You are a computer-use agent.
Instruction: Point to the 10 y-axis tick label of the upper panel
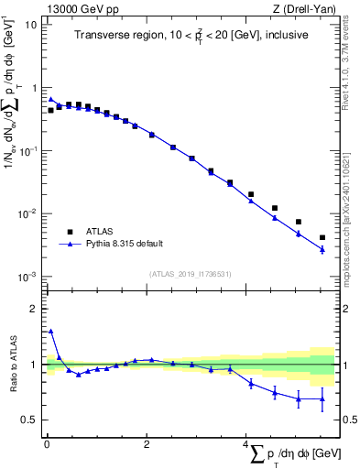click(x=29, y=25)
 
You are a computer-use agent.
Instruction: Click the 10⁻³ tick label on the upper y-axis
click(x=27, y=277)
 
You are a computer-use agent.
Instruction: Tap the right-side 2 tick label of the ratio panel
click(x=344, y=309)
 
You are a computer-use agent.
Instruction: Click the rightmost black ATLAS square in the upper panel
click(x=322, y=237)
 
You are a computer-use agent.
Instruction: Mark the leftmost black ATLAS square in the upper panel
click(x=51, y=110)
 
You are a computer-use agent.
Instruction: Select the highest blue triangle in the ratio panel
click(x=51, y=332)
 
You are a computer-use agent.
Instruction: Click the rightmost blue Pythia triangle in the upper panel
click(x=322, y=249)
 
